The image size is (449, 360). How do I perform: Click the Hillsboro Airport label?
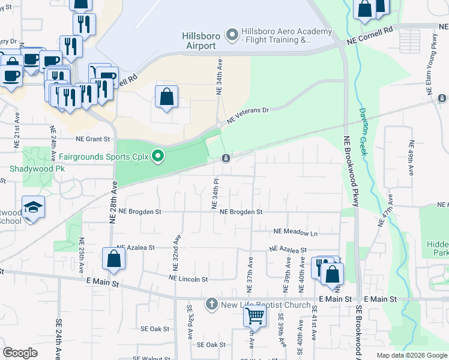(x=199, y=41)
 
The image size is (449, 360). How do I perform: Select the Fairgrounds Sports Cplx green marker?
(x=158, y=157)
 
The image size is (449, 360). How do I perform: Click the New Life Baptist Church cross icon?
(x=211, y=305)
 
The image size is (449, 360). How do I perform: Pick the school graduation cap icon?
(x=34, y=208)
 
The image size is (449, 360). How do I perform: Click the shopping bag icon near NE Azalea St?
(x=113, y=259)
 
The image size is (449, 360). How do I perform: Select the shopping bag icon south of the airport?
(x=166, y=97)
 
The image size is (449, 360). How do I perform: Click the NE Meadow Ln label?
(x=295, y=232)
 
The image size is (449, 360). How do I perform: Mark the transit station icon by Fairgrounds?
(x=226, y=158)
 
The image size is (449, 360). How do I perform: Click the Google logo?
(x=20, y=353)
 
